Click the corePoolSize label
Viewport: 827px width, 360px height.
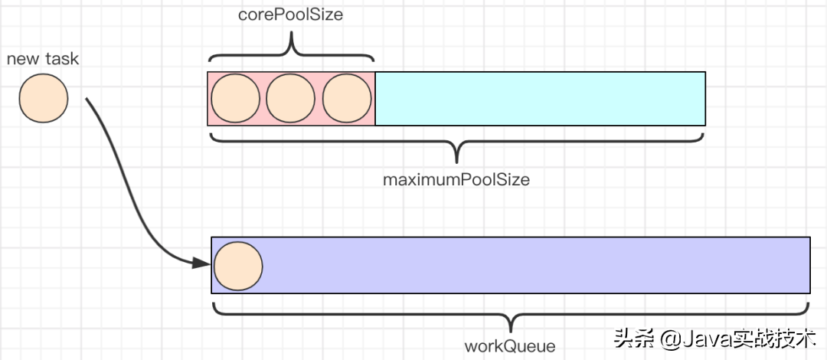pyautogui.click(x=289, y=15)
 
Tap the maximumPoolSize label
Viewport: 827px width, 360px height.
pyautogui.click(x=456, y=181)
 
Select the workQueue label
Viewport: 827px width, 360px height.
pyautogui.click(x=510, y=345)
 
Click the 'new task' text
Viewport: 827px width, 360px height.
pyautogui.click(x=43, y=59)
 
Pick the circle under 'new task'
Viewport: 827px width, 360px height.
pyautogui.click(x=44, y=97)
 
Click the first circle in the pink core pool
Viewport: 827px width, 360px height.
pyautogui.click(x=235, y=99)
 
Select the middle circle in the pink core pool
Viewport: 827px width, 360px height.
pyautogui.click(x=291, y=99)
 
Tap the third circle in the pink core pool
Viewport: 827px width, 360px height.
pyautogui.click(x=347, y=99)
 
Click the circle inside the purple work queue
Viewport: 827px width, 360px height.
pyautogui.click(x=238, y=266)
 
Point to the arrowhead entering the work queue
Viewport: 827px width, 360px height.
pyautogui.click(x=202, y=263)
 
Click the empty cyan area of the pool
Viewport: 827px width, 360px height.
pyautogui.click(x=540, y=99)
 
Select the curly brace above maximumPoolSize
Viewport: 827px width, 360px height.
pyautogui.click(x=456, y=146)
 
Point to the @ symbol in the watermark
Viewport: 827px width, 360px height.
pyautogui.click(x=668, y=339)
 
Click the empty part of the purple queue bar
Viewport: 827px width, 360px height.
pyautogui.click(x=536, y=266)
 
